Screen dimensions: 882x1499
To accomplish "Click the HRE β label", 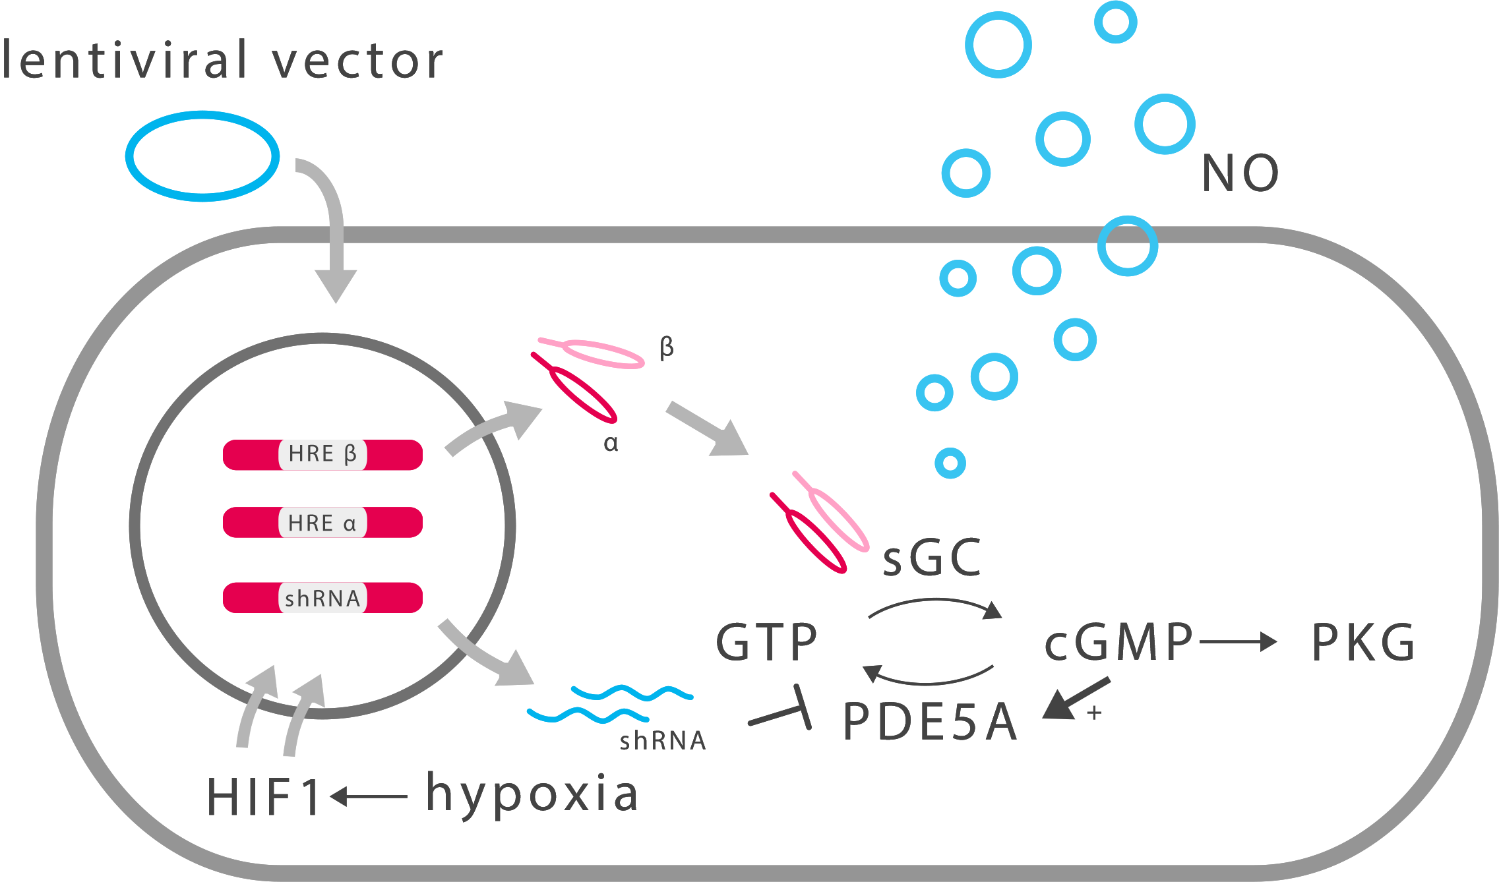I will click(x=322, y=454).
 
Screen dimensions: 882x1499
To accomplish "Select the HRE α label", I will click(x=322, y=523).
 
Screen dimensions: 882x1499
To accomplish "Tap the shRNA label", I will click(x=322, y=598).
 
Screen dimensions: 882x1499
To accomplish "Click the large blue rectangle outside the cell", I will click(x=202, y=156).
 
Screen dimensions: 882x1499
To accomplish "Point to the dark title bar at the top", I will click(x=222, y=59).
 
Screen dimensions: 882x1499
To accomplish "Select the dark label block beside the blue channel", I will click(x=1240, y=172).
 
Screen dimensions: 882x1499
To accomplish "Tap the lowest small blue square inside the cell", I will click(x=950, y=462).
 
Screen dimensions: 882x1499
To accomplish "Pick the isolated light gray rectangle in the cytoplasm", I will click(x=707, y=428).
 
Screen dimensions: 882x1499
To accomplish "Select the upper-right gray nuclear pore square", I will click(x=493, y=428).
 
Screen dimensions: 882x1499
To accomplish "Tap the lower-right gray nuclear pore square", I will click(x=486, y=652).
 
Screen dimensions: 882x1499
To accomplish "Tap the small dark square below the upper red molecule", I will click(x=611, y=444).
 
